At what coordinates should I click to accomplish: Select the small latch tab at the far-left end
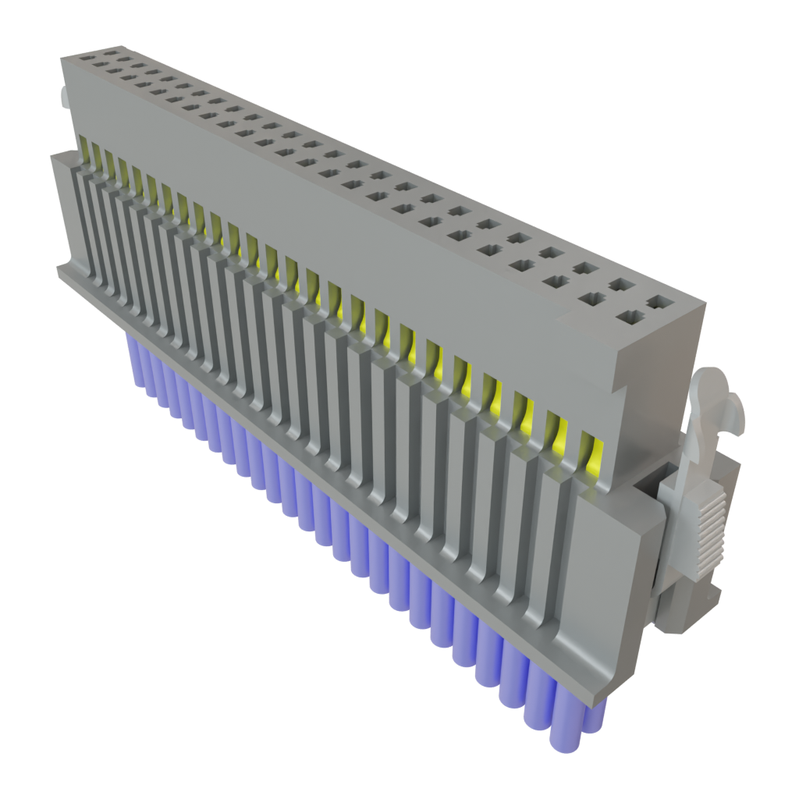(64, 98)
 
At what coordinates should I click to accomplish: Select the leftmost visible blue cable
(133, 351)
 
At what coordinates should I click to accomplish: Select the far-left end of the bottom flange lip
(59, 270)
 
